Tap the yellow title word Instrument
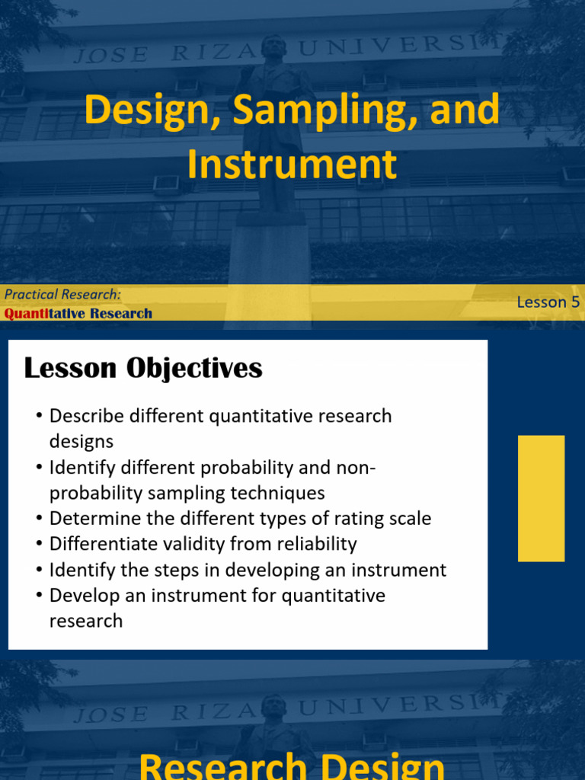292,165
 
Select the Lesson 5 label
548,302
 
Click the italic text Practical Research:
62,295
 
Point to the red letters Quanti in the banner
27,313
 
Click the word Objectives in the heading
194,369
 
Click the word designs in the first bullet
81,442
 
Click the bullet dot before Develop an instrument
40,596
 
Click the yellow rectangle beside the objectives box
542,498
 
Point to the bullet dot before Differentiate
40,544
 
